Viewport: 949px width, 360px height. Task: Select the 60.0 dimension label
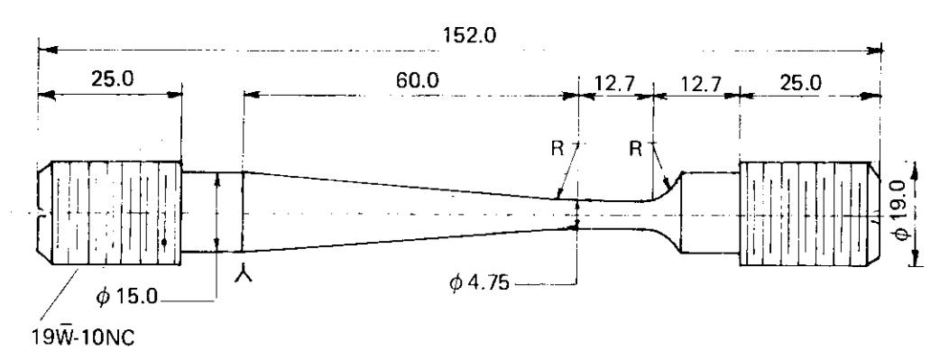tap(419, 80)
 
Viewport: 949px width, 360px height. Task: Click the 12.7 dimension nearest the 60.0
tap(614, 83)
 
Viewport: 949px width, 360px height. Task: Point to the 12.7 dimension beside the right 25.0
tap(701, 83)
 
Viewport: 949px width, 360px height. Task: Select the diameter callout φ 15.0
tap(127, 297)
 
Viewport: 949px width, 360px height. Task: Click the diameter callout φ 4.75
tap(479, 282)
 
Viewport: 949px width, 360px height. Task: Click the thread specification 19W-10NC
tap(84, 337)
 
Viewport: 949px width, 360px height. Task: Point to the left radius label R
tap(557, 149)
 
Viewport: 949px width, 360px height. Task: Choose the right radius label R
tap(635, 149)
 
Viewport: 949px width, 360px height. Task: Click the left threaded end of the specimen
tap(109, 213)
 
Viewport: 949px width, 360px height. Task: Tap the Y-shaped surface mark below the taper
tap(243, 275)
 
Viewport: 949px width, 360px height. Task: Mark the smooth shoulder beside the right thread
tap(710, 212)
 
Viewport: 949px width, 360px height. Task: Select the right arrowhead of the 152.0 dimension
tap(874, 49)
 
